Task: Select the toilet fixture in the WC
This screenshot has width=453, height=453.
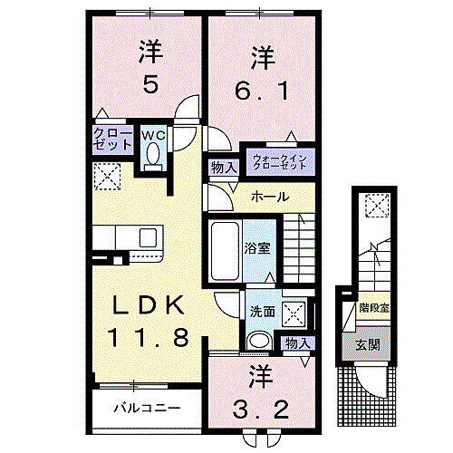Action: pos(152,156)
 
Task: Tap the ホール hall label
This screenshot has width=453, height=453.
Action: pos(270,198)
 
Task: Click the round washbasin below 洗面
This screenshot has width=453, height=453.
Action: pos(259,342)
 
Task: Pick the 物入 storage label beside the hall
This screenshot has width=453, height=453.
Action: pos(223,167)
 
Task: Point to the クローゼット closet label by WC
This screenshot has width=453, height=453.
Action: pos(110,139)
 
